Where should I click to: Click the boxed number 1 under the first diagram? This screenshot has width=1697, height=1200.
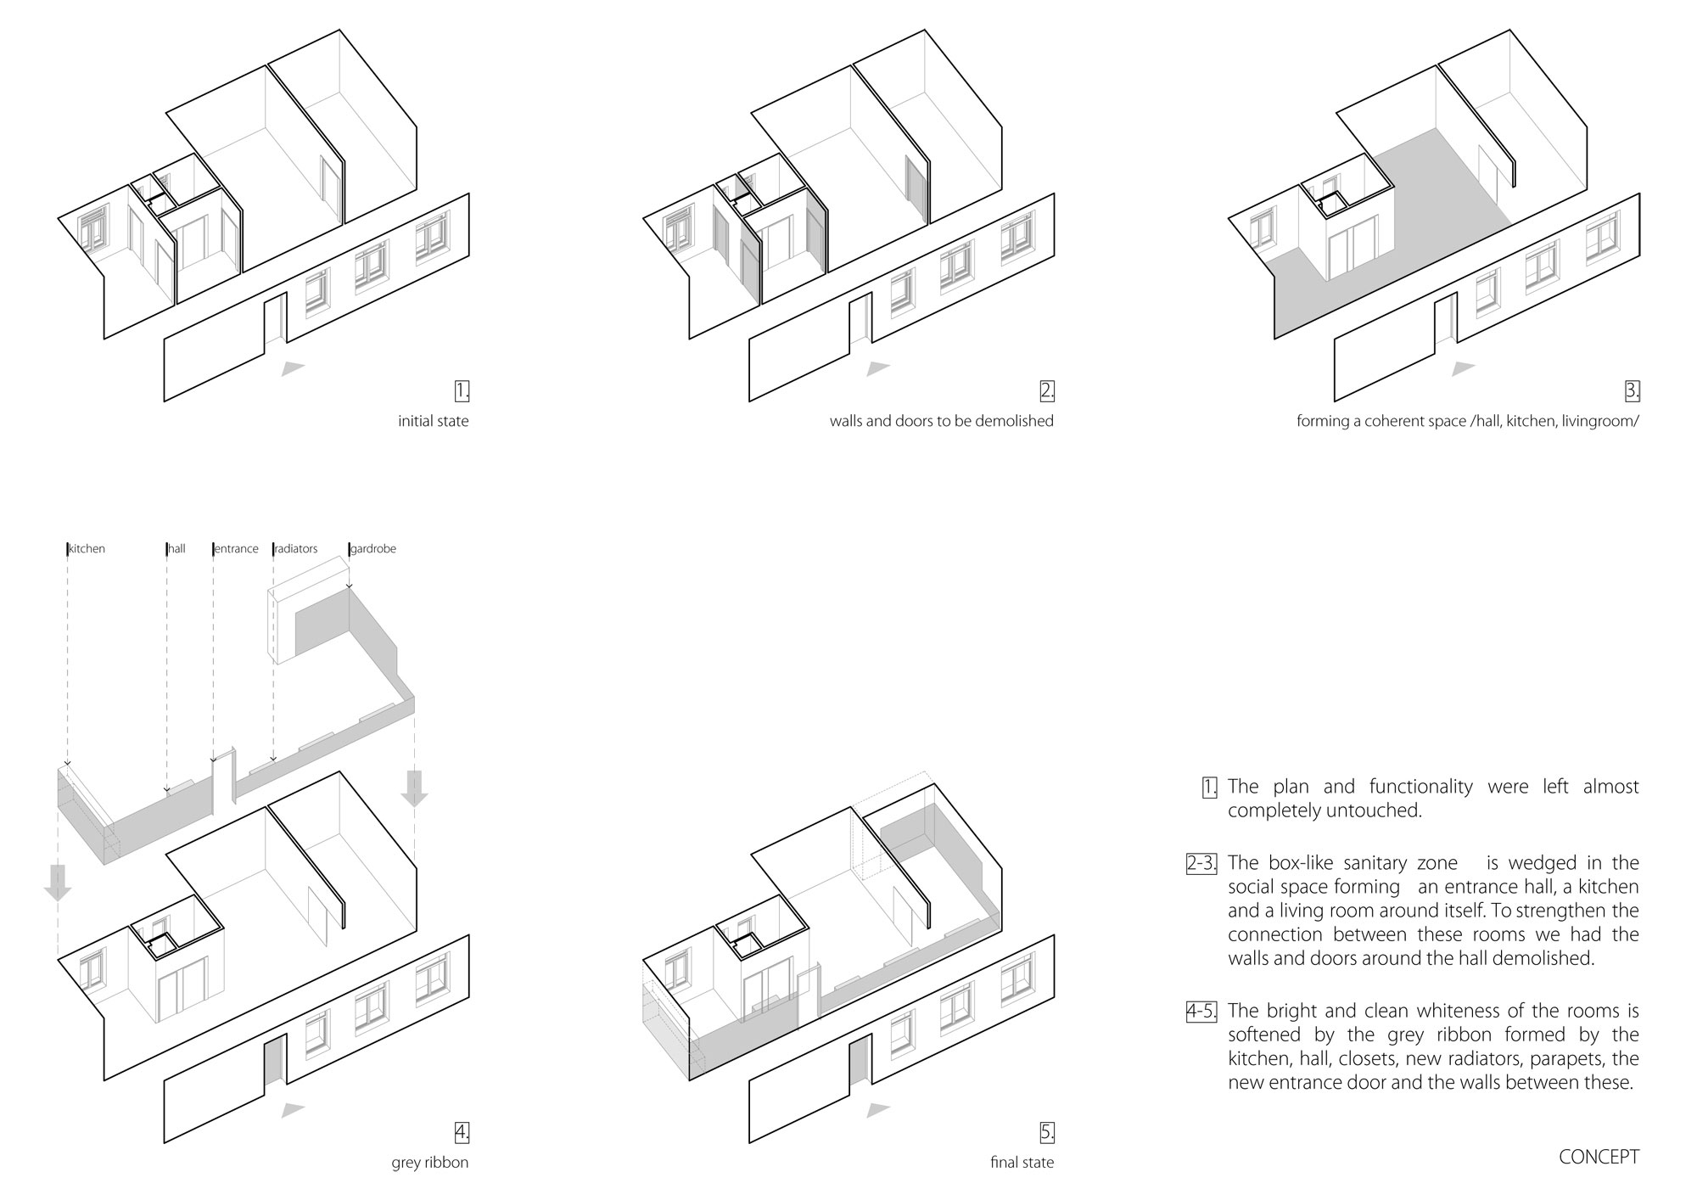[x=462, y=391]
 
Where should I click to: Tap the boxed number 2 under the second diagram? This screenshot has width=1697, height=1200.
[x=1047, y=391]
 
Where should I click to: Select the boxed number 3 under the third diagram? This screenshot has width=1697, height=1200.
[x=1633, y=391]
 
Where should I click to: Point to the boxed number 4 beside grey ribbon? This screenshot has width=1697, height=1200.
[x=462, y=1132]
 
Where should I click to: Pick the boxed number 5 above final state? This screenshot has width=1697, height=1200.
[x=1047, y=1132]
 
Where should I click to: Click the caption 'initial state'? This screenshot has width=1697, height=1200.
[x=433, y=421]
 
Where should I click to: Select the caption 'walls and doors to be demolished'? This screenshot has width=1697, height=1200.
[x=941, y=421]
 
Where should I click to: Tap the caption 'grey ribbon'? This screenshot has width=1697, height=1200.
[x=429, y=1162]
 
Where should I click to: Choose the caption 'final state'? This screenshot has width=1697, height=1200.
[x=1022, y=1162]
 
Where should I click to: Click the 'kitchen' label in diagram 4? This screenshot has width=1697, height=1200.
[x=87, y=549]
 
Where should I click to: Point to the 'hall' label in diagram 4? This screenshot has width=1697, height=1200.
[x=176, y=549]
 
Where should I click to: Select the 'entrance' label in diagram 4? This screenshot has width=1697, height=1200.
[x=236, y=549]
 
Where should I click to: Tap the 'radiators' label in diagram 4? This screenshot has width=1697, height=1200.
[x=295, y=549]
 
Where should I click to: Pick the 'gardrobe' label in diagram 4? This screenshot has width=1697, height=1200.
[x=373, y=549]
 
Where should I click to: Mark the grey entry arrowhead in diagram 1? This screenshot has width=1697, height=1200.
[x=292, y=367]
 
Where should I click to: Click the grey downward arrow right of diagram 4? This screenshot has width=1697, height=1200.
[x=414, y=786]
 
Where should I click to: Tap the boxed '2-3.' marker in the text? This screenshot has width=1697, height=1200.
[x=1201, y=864]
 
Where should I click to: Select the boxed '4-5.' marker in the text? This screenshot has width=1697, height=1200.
[x=1201, y=1012]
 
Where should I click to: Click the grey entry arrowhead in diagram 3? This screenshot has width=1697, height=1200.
[x=1463, y=367]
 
